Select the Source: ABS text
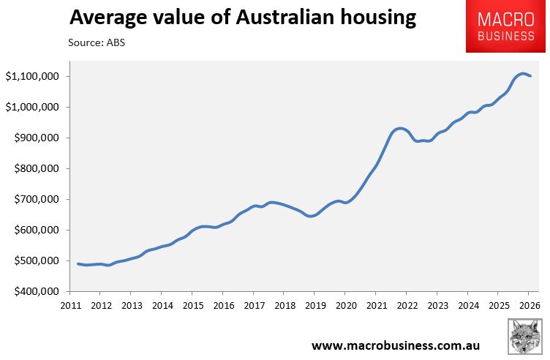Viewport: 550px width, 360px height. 97,42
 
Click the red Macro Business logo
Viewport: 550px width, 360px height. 505,26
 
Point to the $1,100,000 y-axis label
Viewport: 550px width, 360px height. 32,77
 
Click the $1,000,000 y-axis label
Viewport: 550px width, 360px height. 32,107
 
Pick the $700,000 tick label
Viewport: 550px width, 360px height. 37,199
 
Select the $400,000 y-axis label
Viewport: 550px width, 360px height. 37,291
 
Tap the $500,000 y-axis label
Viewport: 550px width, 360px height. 37,260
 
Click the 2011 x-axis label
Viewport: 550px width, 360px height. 70,306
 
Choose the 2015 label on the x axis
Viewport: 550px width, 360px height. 193,306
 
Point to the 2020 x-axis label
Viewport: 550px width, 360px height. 346,306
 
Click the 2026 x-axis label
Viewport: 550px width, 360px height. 530,306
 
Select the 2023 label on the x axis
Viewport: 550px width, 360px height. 438,306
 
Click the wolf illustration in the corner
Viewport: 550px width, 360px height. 524,337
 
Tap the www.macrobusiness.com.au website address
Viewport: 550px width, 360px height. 396,345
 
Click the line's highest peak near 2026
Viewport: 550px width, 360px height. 523,74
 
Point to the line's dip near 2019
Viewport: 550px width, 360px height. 311,216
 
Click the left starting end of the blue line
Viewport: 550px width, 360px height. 78,264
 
